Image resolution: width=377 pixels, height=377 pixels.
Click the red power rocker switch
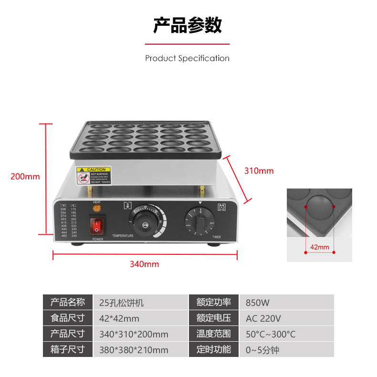pyautogui.click(x=97, y=226)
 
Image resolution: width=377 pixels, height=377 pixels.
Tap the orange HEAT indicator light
pyautogui.click(x=97, y=209)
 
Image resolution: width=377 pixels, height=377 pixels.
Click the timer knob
pyautogui.click(x=201, y=221)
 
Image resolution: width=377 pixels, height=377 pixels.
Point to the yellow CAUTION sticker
pyautogui.click(x=94, y=175)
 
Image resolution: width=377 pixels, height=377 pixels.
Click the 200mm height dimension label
pyautogui.click(x=25, y=177)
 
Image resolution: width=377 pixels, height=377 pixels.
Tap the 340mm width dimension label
pyautogui.click(x=144, y=264)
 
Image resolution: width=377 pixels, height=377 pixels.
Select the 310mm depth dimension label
pyautogui.click(x=259, y=170)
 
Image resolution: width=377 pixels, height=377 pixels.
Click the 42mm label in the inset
pyautogui.click(x=319, y=247)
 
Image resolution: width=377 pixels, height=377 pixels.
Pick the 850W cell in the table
pyautogui.click(x=258, y=303)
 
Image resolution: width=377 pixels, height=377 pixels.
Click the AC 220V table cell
pyautogui.click(x=263, y=318)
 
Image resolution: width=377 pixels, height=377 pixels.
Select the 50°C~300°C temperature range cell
pyautogui.click(x=271, y=334)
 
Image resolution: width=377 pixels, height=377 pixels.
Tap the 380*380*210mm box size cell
pyautogui.click(x=134, y=350)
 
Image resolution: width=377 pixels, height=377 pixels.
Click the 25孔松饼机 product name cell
pyautogui.click(x=121, y=303)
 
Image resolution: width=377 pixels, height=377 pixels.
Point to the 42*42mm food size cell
pyautogui.click(x=119, y=318)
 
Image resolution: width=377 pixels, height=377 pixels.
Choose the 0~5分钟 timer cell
pyautogui.click(x=262, y=350)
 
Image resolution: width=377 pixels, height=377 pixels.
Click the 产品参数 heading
pyautogui.click(x=188, y=25)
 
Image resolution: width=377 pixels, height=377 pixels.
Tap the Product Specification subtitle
pyautogui.click(x=188, y=58)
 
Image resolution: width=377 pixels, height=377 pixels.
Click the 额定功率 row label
pyautogui.click(x=214, y=303)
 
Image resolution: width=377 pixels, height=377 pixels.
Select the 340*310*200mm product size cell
pyautogui.click(x=134, y=334)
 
